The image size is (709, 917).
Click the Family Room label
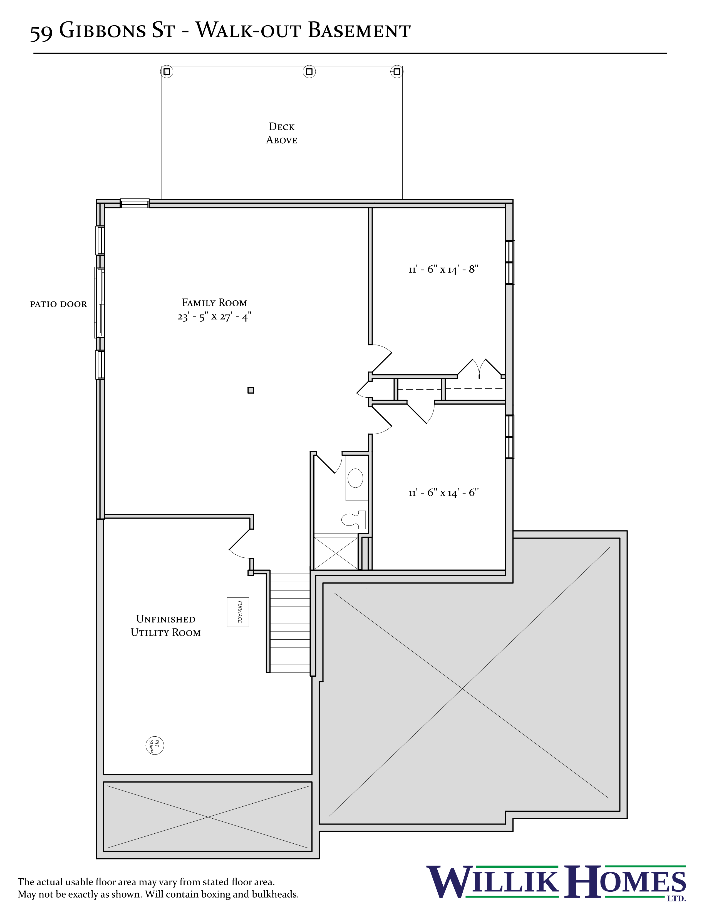click(214, 303)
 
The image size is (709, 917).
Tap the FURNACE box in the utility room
click(238, 612)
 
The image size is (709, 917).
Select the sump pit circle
click(155, 745)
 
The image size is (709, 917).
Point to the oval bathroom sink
click(355, 478)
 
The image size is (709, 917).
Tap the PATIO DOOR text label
click(58, 304)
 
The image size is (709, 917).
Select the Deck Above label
click(281, 133)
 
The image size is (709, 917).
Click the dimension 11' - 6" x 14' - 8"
click(443, 269)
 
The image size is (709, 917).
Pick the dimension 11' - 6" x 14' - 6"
click(443, 492)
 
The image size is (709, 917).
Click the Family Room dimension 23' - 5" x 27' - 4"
click(214, 317)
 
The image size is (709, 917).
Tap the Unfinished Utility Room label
click(165, 626)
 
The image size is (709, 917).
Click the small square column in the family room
click(251, 390)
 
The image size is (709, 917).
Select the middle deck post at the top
click(309, 71)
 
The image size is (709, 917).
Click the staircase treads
click(290, 623)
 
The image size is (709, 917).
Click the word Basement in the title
click(359, 31)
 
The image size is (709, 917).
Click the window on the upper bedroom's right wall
click(510, 262)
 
